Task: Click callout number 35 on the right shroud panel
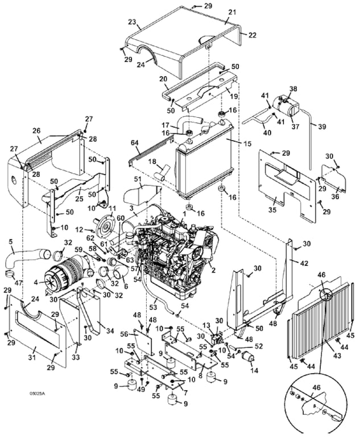(x=272, y=211)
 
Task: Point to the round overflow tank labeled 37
(x=284, y=106)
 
